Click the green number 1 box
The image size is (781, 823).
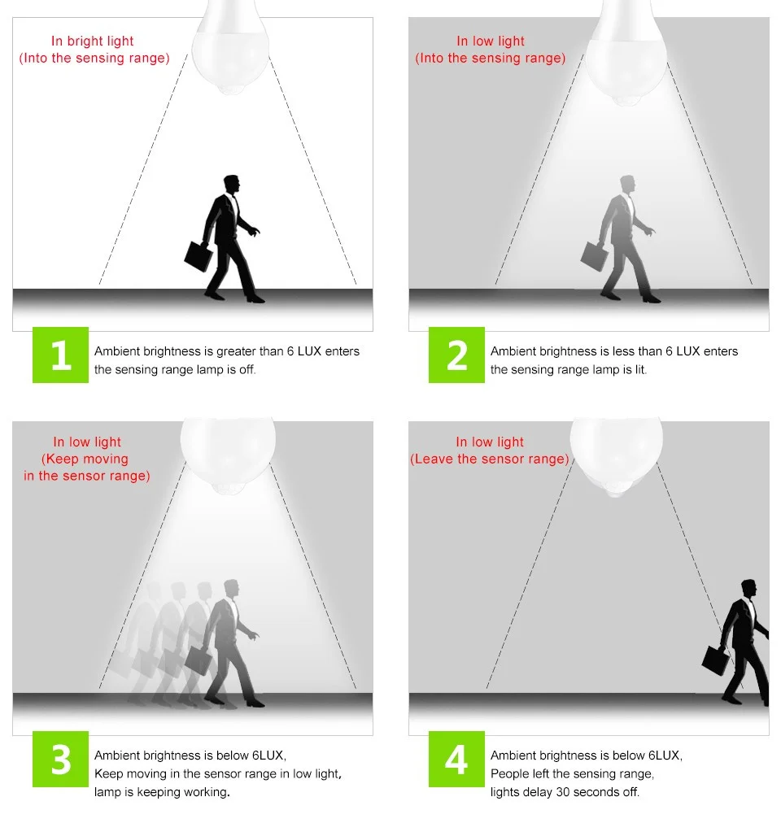60,355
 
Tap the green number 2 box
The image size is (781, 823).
456,355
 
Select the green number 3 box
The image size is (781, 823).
60,759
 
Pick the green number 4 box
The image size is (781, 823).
456,759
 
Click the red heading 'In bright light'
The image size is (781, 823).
93,41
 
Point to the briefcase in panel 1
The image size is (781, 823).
199,256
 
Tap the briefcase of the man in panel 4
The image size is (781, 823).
716,660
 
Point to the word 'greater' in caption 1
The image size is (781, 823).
237,351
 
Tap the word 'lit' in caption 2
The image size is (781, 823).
639,369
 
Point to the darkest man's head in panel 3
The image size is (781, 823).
231,589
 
